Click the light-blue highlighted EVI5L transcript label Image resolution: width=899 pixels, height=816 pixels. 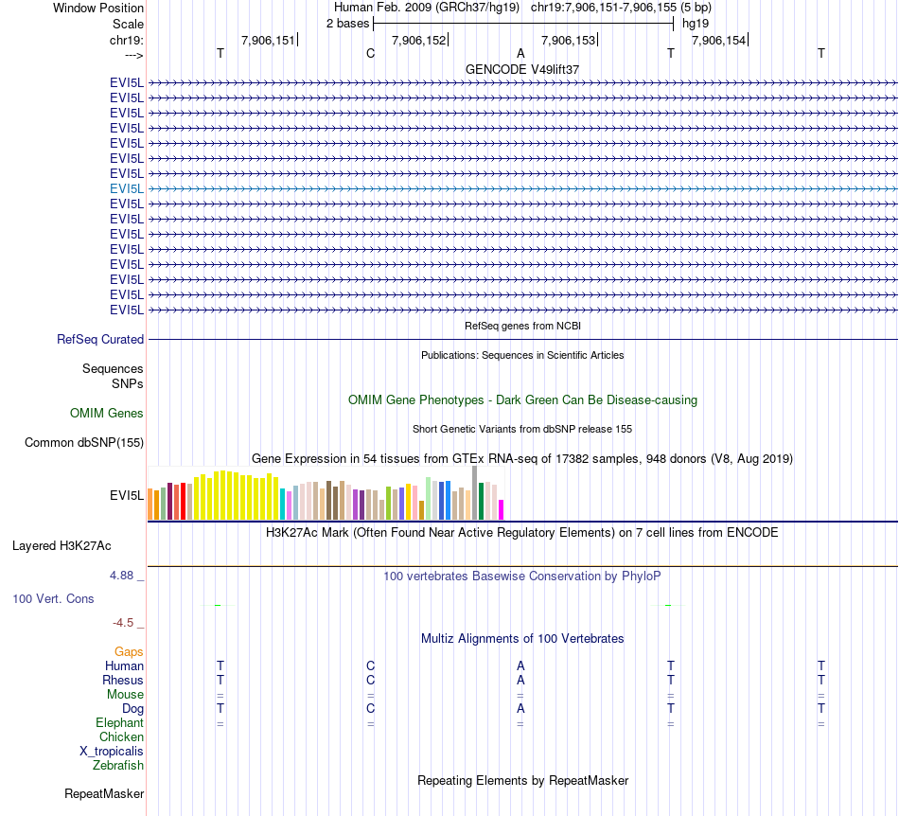pos(127,188)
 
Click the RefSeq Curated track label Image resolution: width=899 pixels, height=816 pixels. pos(100,339)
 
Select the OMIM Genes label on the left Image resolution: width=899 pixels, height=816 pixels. pos(107,413)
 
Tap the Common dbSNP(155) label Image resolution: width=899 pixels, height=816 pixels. pos(84,442)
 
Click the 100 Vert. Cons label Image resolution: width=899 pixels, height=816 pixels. pos(53,598)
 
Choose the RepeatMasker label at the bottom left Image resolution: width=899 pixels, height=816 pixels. pos(104,793)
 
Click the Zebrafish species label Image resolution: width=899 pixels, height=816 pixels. pos(118,765)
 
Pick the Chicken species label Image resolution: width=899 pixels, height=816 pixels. pos(122,736)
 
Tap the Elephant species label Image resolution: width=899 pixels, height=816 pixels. pos(119,722)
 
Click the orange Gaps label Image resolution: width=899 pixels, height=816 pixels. pos(129,651)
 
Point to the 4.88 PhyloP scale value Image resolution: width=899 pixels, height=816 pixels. pos(123,575)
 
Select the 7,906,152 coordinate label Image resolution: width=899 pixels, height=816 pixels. pos(417,40)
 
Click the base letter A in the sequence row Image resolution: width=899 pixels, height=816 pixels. pos(520,53)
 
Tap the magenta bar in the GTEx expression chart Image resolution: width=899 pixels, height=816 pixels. pos(502,509)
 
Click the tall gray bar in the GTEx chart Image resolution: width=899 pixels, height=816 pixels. pos(475,492)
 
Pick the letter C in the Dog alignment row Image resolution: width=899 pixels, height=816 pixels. pos(371,708)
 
